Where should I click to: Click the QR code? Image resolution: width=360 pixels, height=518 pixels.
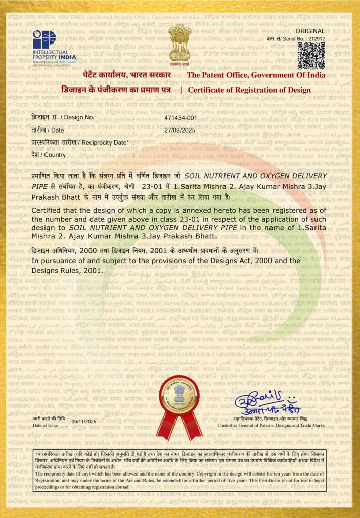(311, 56)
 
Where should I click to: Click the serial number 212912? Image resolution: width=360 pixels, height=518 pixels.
(317, 39)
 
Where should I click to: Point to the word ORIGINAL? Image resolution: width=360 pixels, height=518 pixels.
(313, 31)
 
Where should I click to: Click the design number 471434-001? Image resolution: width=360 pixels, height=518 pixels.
(181, 117)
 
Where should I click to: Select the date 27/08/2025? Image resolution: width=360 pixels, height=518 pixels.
(179, 130)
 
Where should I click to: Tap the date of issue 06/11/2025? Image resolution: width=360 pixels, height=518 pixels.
(84, 421)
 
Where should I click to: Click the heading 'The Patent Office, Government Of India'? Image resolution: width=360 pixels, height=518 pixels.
(256, 75)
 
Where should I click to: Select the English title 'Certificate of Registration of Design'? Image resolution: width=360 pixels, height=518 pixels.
(249, 90)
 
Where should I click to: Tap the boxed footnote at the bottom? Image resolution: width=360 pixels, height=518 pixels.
(180, 469)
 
